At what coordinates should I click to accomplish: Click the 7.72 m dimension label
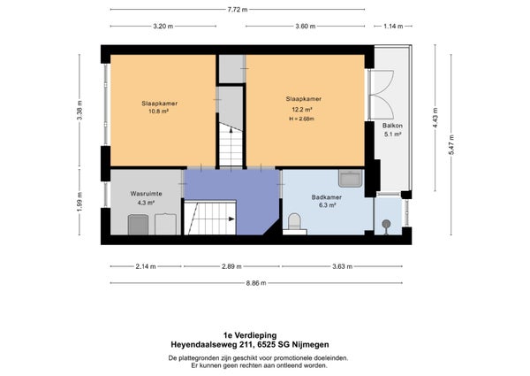(x=238, y=10)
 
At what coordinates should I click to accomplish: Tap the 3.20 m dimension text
(x=163, y=26)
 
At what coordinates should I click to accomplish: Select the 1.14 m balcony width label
(x=393, y=26)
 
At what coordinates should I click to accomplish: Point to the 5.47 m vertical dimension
(x=451, y=144)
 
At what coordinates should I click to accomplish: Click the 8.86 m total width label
(x=256, y=283)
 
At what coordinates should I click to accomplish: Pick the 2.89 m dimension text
(x=231, y=266)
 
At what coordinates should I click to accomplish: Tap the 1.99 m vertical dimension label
(x=79, y=202)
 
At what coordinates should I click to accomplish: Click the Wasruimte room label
(x=146, y=194)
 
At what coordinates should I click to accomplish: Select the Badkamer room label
(x=327, y=197)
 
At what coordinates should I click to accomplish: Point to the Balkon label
(x=392, y=126)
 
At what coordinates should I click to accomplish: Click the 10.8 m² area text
(x=158, y=111)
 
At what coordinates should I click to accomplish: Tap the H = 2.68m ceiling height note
(x=301, y=119)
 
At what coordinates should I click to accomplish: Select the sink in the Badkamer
(x=351, y=178)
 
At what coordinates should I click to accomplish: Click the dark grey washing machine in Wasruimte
(x=138, y=225)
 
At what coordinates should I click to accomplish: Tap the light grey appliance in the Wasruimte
(x=165, y=224)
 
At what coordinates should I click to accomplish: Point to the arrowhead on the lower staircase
(x=231, y=219)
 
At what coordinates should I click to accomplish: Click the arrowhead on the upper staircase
(x=231, y=130)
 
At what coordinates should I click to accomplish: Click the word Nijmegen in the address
(x=312, y=345)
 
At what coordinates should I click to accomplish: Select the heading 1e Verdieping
(x=250, y=335)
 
